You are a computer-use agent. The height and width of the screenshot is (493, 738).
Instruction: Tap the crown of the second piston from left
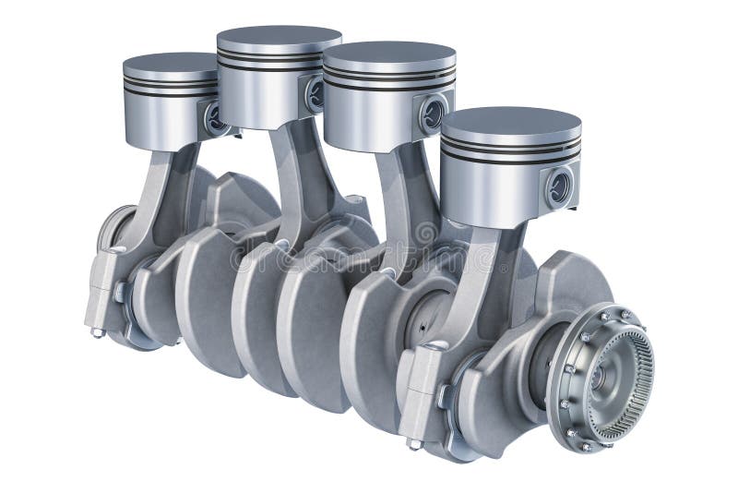click(278, 38)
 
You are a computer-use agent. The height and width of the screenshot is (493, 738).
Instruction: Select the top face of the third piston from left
click(388, 53)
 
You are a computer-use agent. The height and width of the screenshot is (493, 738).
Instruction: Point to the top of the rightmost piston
click(510, 122)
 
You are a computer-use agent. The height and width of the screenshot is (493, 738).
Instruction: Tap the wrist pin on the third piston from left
click(432, 114)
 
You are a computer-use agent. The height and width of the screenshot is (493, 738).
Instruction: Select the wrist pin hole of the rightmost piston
click(559, 187)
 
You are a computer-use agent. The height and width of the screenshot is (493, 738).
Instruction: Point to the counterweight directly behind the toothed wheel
click(563, 286)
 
